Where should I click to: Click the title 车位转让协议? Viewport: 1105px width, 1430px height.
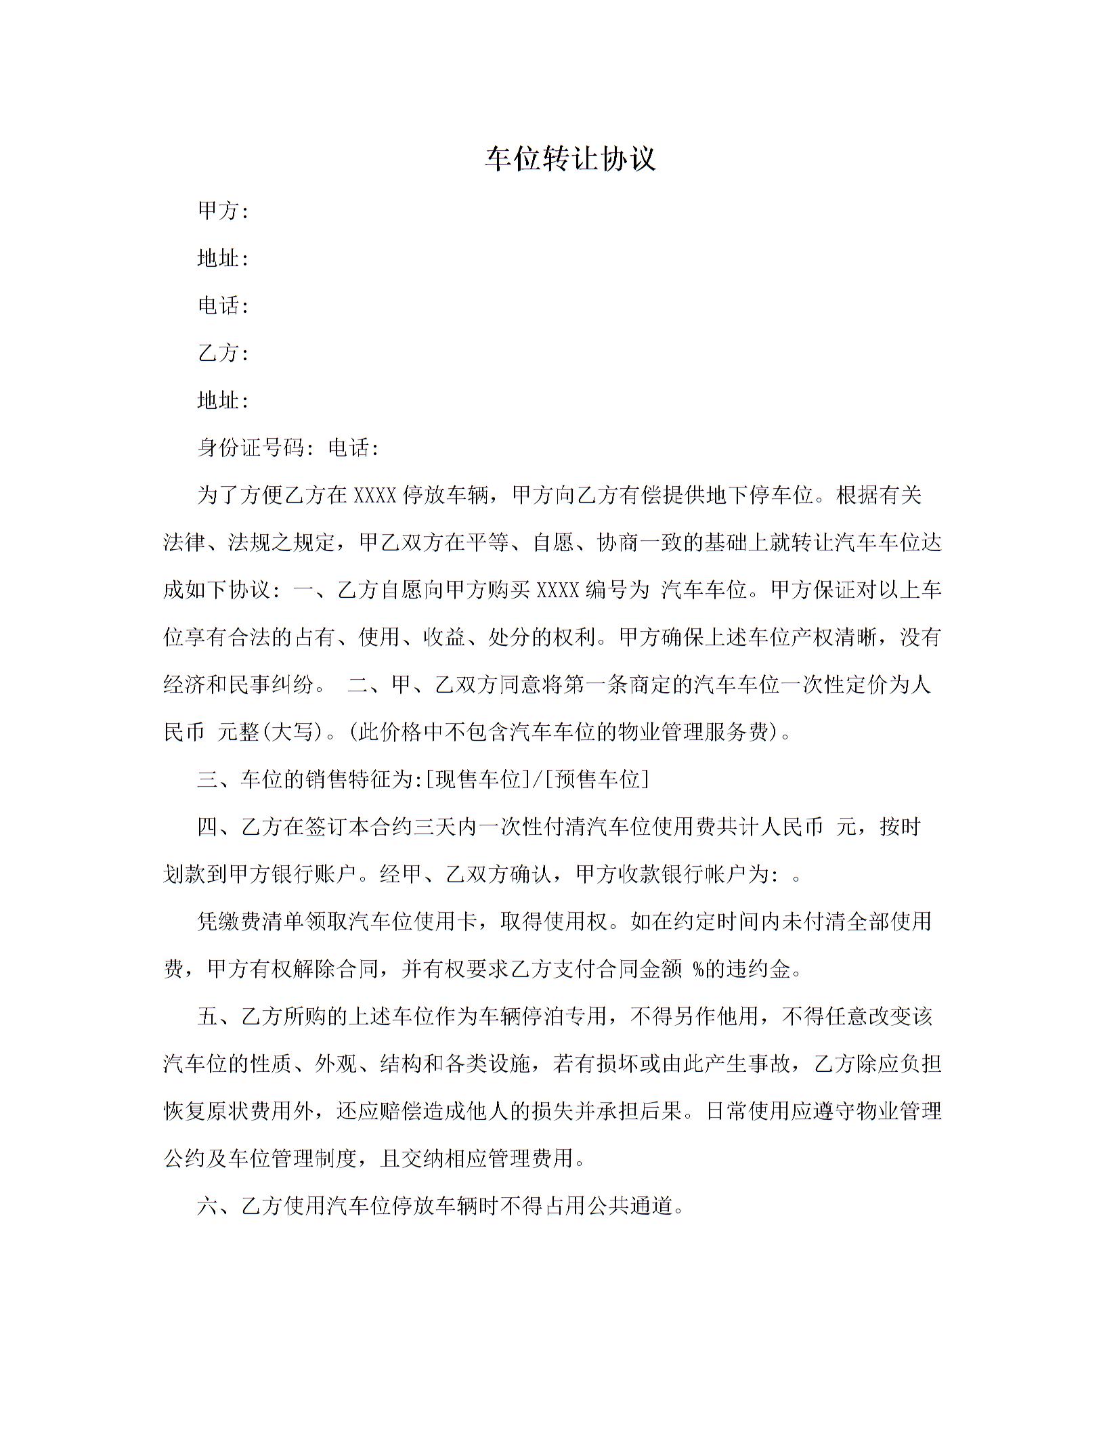click(570, 160)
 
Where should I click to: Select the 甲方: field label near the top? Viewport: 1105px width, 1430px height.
click(223, 211)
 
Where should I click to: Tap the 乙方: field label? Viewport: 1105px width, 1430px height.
click(223, 353)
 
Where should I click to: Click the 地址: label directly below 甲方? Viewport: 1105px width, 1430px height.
click(223, 259)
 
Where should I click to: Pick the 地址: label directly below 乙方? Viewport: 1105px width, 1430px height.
click(223, 401)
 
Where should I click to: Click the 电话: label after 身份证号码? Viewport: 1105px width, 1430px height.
click(353, 448)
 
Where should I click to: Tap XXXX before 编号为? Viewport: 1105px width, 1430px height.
click(557, 590)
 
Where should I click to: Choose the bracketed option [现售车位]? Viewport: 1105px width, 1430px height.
click(478, 780)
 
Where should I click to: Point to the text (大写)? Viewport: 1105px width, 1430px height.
click(295, 733)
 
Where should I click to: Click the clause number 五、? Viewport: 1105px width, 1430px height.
click(218, 1017)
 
